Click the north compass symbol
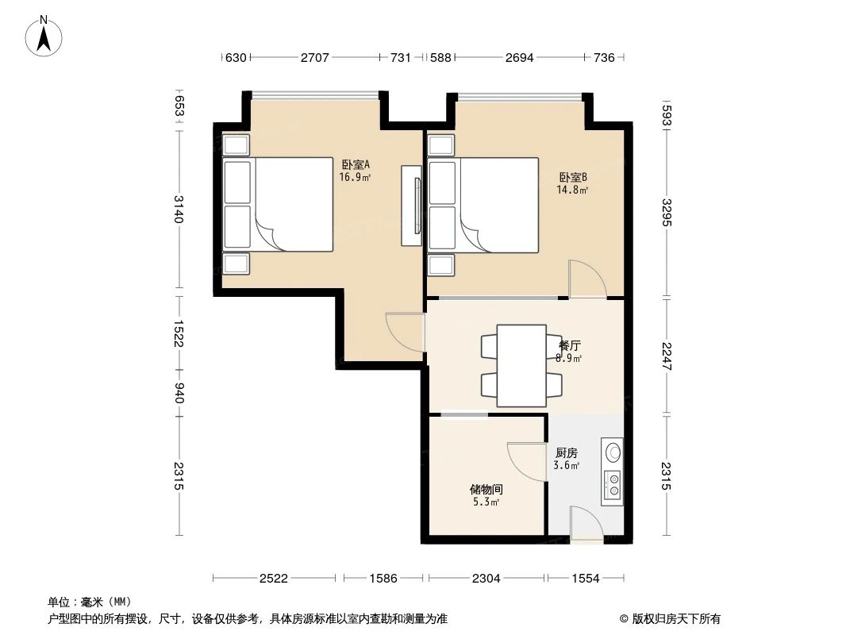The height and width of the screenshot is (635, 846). pos(44,36)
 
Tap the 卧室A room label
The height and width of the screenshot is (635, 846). pos(356,164)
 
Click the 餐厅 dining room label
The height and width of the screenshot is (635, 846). pos(570,346)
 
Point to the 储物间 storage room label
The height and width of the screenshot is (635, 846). pos(486,490)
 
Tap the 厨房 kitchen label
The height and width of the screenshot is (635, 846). pos(567,453)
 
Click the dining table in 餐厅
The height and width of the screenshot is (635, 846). pos(521,365)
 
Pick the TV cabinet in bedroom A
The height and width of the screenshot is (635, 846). pos(411,206)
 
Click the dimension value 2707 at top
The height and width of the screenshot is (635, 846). pos(315,57)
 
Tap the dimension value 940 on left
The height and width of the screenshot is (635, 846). pos(179,392)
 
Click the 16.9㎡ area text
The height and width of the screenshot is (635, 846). pos(356,177)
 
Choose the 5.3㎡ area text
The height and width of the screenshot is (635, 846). pos(486,502)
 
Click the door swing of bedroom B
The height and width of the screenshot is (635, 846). pos(586,279)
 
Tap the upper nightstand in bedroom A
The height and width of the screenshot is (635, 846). pos(236,144)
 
